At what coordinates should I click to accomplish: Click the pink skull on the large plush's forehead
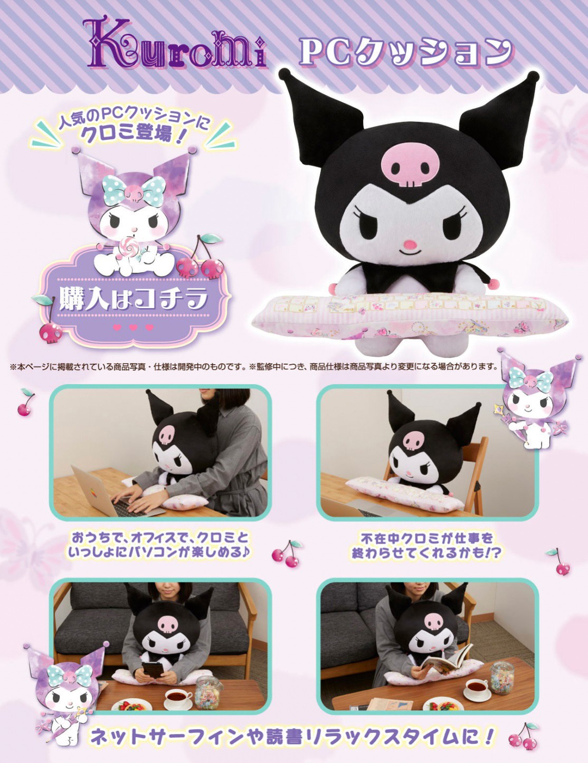pyautogui.click(x=407, y=165)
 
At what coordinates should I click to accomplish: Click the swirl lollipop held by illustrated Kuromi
pyautogui.click(x=130, y=246)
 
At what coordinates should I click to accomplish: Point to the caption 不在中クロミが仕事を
pyautogui.click(x=426, y=538)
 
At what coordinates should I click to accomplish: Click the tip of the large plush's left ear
pyautogui.click(x=286, y=74)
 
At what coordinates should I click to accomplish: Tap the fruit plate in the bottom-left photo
pyautogui.click(x=131, y=705)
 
